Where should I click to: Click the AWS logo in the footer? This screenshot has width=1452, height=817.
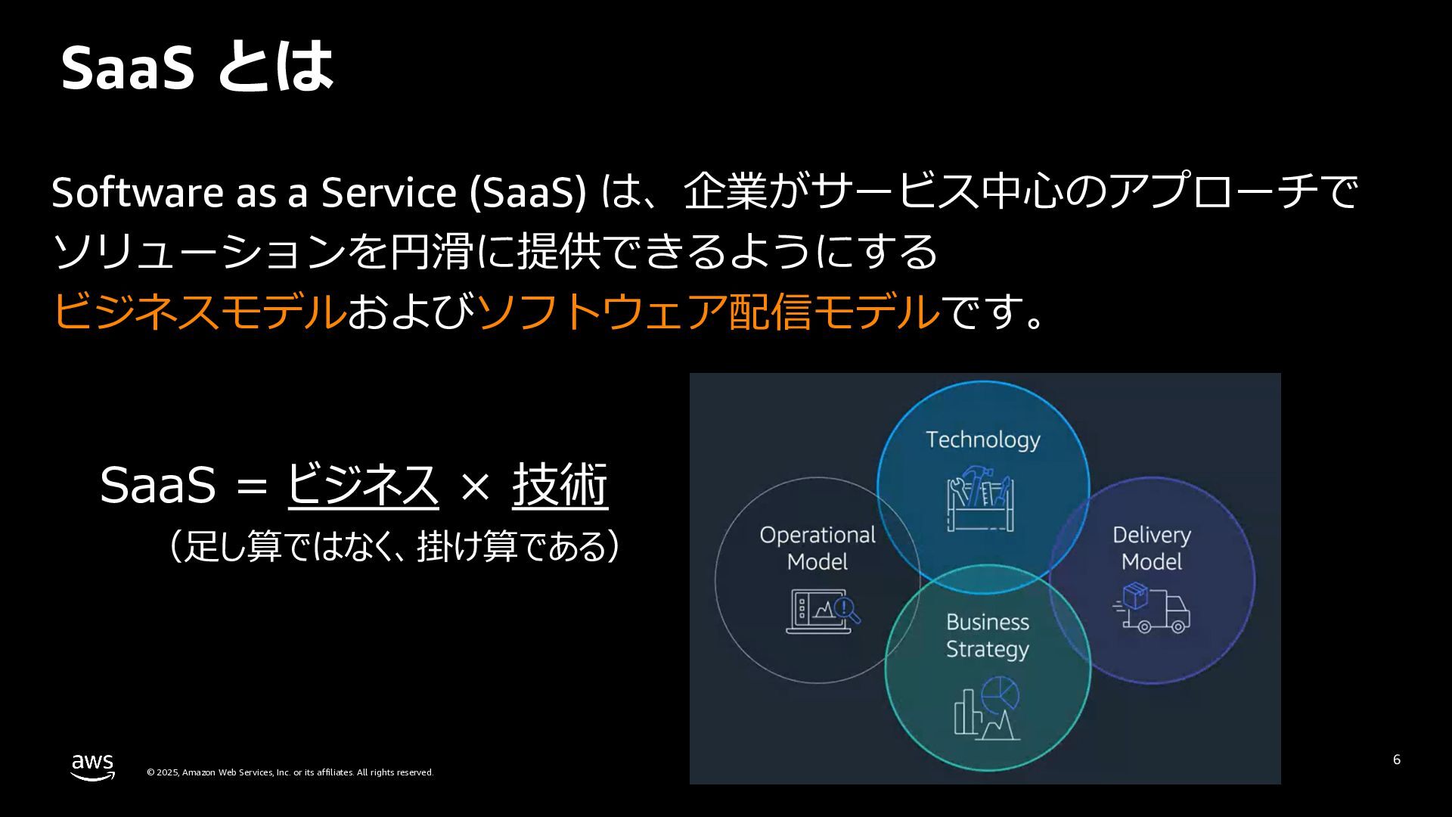[92, 766]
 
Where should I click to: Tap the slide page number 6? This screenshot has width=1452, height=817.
[1396, 760]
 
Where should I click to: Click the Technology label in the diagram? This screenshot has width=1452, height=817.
[982, 440]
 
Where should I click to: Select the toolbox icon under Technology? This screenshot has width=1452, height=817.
[981, 499]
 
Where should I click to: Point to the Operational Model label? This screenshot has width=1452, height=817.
[818, 548]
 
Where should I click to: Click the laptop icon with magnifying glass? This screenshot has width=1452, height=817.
[823, 610]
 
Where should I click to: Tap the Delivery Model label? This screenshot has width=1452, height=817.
[1151, 548]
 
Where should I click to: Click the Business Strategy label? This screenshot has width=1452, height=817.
[988, 635]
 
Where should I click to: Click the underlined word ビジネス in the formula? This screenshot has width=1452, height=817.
[362, 484]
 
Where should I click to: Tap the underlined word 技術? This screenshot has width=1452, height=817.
[560, 484]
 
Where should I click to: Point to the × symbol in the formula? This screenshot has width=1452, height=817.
[475, 486]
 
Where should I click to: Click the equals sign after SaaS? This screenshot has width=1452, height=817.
[251, 486]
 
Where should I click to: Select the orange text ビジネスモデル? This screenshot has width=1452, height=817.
[199, 311]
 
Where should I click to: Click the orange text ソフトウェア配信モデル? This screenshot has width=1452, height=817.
[708, 311]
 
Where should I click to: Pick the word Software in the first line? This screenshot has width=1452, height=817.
[137, 192]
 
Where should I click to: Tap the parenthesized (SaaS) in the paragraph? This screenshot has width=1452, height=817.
[528, 192]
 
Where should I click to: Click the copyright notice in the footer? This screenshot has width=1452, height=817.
[290, 772]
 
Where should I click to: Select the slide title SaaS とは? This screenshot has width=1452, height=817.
[197, 67]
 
